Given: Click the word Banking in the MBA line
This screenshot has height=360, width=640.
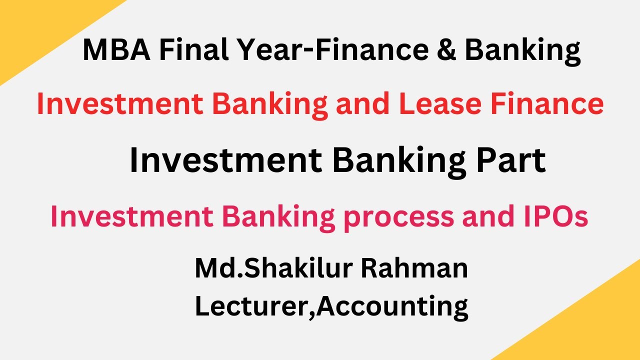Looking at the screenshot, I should click(x=522, y=51).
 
